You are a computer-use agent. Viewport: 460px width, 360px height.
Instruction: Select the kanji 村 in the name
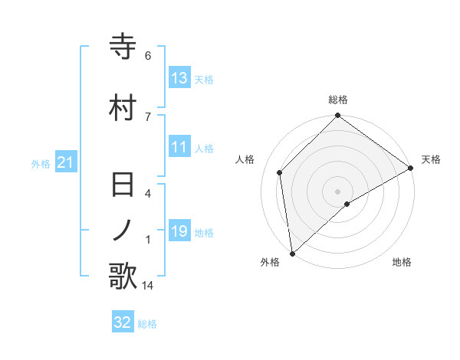123,106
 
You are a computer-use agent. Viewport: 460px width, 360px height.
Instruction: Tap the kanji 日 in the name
123,186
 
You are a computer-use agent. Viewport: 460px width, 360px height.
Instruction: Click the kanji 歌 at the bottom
123,276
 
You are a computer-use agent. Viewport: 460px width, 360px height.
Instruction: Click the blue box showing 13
179,77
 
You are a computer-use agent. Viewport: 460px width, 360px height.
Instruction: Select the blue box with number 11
179,147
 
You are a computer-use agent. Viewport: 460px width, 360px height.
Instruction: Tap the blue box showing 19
179,231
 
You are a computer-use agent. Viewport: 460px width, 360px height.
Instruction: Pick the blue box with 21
66,162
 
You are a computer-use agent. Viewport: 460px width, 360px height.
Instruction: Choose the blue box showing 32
123,322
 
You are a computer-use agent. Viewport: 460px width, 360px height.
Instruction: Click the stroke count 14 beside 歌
149,286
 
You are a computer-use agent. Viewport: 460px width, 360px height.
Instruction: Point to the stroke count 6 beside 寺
148,56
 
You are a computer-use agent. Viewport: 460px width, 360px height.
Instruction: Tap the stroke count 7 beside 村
148,116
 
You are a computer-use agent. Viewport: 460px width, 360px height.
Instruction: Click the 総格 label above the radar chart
338,100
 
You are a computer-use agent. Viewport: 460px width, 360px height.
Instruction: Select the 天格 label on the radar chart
431,159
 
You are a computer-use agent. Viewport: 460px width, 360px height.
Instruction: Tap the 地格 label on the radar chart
402,262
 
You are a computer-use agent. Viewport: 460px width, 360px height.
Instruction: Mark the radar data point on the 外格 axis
292,253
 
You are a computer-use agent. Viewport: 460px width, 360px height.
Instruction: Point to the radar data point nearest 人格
280,172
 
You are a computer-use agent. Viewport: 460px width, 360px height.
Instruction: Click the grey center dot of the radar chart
338,191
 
